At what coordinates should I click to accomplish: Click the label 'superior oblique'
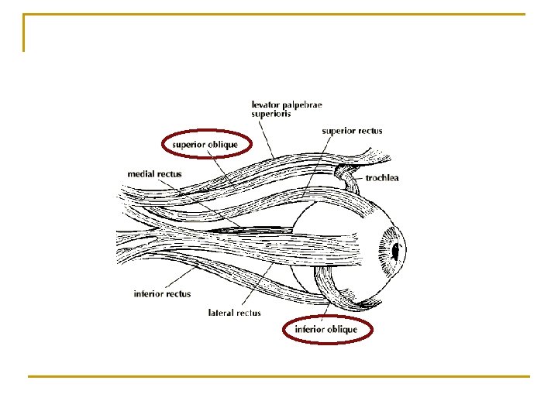coord(205,145)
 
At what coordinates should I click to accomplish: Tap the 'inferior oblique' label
coord(325,330)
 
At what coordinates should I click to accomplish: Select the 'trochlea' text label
coord(382,178)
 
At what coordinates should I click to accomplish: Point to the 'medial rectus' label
coord(155,174)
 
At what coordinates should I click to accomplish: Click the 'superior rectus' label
coord(352,131)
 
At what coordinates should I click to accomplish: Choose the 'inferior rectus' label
coord(162,294)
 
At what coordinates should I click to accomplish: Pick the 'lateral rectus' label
coord(235,313)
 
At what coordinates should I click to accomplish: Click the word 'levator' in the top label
coord(267,103)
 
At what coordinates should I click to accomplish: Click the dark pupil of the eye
coord(395,252)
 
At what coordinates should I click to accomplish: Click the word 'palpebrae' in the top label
coord(305,103)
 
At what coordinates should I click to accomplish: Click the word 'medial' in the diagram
coord(143,174)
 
